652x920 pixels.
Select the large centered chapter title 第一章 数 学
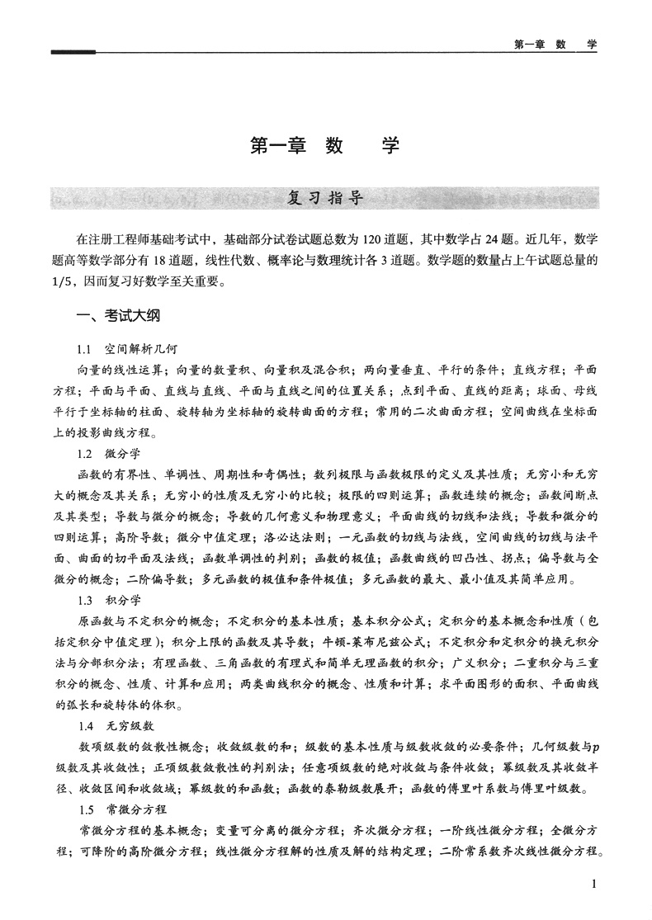click(324, 146)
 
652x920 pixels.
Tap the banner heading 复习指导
click(325, 198)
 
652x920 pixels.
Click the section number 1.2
click(85, 454)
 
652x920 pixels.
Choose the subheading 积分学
click(121, 600)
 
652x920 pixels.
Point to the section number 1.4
click(85, 725)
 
